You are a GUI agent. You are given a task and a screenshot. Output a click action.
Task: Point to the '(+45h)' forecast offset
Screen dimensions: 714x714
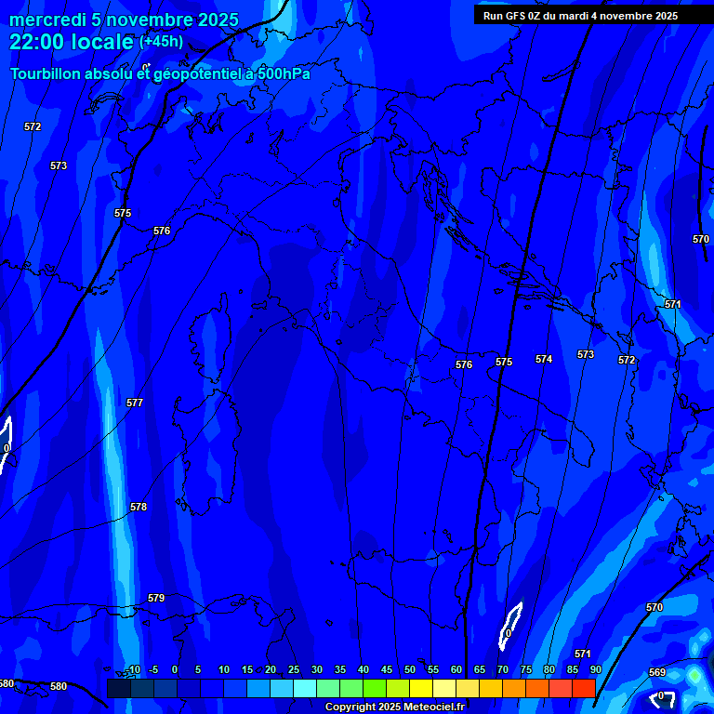161,42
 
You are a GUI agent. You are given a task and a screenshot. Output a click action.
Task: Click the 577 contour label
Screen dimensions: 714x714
135,403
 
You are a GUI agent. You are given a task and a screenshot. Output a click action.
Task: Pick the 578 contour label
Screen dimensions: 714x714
139,507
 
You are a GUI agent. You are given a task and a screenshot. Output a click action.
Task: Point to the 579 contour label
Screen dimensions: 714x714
156,598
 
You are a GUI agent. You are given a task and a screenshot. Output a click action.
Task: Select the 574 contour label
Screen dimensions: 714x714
544,359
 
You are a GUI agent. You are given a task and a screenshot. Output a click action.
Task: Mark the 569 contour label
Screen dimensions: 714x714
657,672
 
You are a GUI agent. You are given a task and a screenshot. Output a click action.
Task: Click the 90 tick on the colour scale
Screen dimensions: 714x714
595,669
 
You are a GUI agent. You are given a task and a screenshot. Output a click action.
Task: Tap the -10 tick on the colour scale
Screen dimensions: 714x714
133,669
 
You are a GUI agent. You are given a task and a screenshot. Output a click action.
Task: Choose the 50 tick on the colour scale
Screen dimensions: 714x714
410,669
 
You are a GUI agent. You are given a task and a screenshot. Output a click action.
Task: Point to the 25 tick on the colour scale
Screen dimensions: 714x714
294,669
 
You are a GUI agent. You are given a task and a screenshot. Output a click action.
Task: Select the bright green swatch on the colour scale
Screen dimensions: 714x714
374,688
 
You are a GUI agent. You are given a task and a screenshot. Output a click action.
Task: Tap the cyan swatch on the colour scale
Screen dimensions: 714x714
304,688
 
